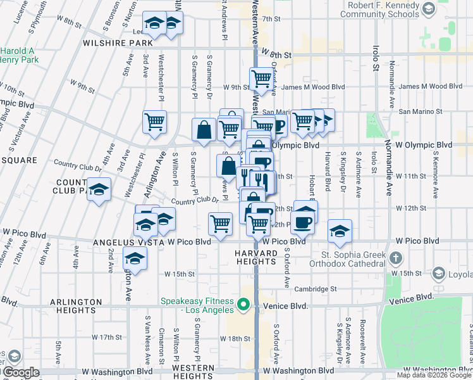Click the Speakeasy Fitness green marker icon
242,306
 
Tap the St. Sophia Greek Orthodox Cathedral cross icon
395,258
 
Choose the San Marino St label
420,111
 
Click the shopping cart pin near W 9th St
261,79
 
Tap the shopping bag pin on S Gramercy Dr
204,130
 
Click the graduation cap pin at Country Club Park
98,190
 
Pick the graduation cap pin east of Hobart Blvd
340,231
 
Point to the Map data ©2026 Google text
433,375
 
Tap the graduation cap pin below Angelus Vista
134,258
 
